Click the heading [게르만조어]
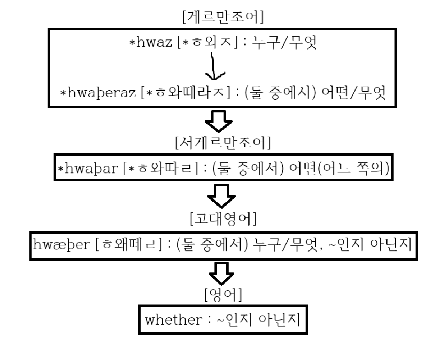pos(222,18)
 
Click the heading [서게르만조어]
pos(223,143)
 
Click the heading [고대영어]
pos(223,219)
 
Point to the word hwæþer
pos(62,245)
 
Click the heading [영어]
pos(223,295)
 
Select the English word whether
pos(173,320)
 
